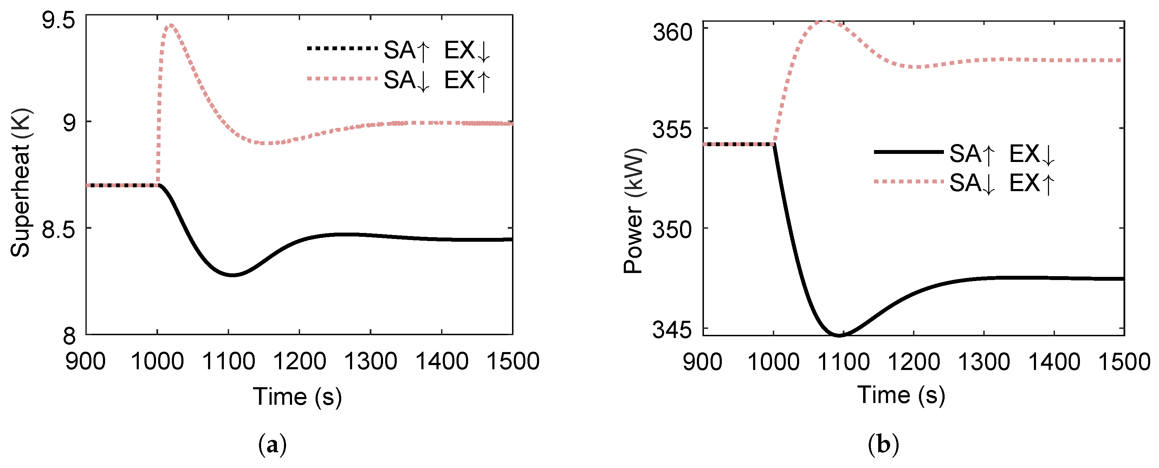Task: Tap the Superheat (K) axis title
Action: (x=21, y=183)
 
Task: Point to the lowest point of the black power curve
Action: (x=839, y=335)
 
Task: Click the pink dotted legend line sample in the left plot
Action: (x=342, y=79)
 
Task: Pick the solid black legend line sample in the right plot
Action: (x=908, y=152)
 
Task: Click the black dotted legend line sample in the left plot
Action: (x=342, y=48)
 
